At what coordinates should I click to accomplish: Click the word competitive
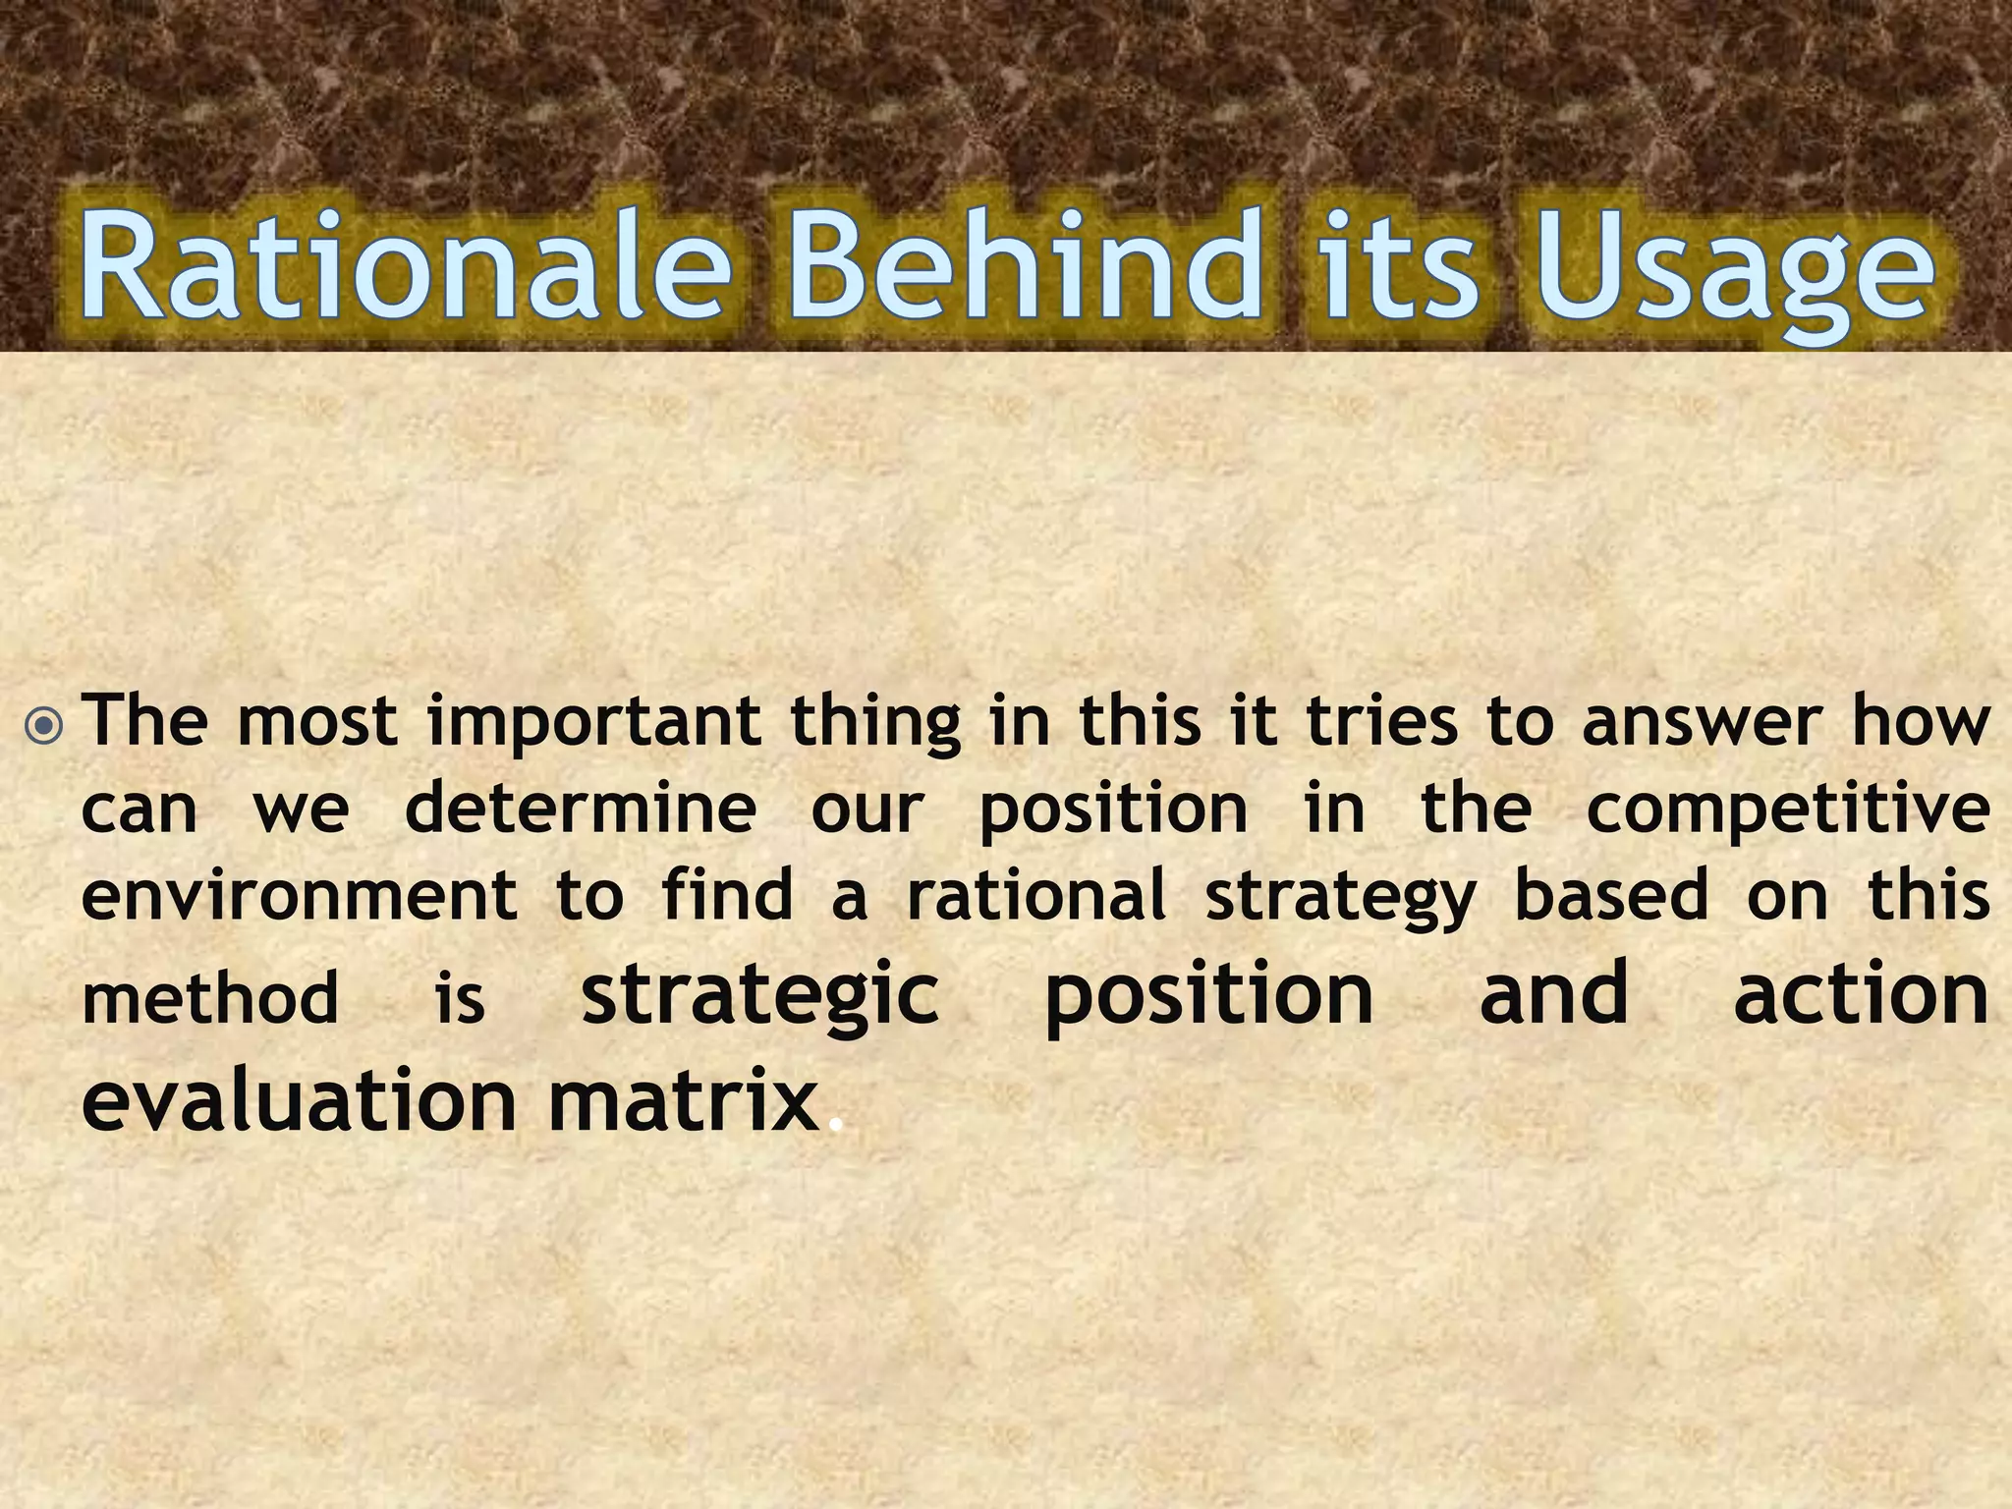(x=1788, y=811)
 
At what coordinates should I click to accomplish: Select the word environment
(x=300, y=895)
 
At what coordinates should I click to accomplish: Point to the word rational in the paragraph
(x=1035, y=895)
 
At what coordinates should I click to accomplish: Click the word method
(x=209, y=998)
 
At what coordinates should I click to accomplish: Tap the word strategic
(x=760, y=996)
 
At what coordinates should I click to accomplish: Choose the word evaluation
(x=299, y=1099)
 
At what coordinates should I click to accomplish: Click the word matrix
(x=684, y=1099)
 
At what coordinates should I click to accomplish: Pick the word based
(x=1611, y=895)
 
